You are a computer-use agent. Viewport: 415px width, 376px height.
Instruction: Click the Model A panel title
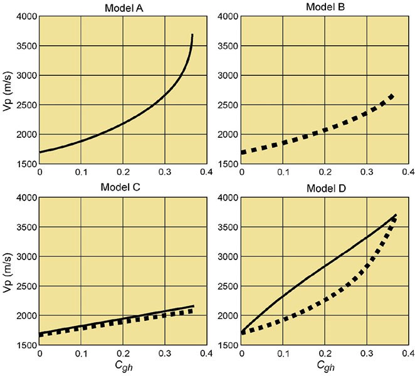[123, 8]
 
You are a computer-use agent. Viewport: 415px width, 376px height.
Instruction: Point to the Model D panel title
[325, 189]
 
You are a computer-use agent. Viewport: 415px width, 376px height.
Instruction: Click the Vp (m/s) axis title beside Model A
[8, 90]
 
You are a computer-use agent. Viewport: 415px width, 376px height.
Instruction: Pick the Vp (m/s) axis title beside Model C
[8, 271]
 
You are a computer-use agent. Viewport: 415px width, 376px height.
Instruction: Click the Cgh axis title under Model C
[123, 367]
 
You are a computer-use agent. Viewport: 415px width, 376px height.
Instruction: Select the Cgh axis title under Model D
[325, 367]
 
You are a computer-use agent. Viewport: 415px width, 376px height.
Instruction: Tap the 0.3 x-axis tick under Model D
[367, 353]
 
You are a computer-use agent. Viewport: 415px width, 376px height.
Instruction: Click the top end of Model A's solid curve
[192, 35]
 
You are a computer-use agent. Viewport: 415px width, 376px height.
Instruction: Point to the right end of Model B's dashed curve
[393, 95]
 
